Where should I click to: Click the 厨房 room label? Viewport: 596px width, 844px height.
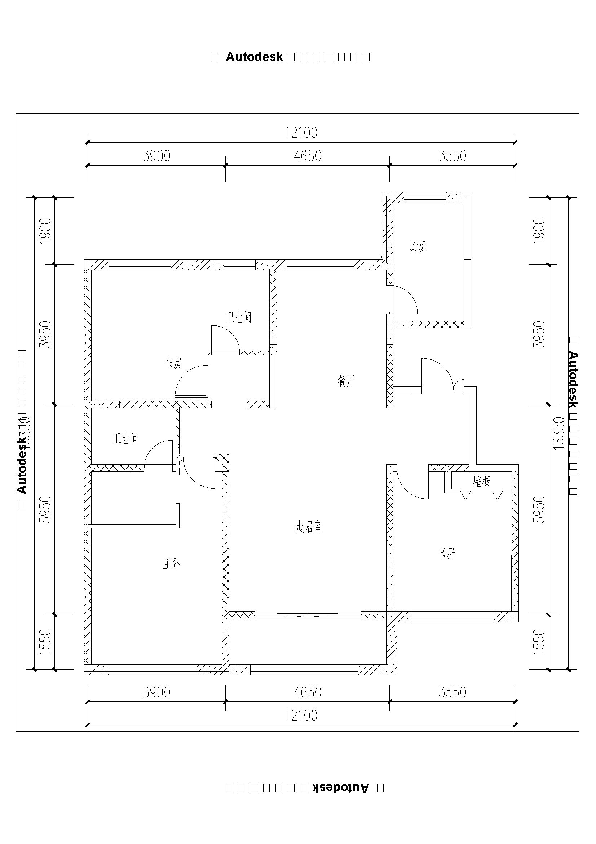click(x=418, y=246)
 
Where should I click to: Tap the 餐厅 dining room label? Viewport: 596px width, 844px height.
click(x=346, y=381)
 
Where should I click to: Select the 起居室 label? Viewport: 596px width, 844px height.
click(x=309, y=528)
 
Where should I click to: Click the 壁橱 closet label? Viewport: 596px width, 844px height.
click(x=482, y=482)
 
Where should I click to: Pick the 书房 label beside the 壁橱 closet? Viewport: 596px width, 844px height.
click(x=446, y=553)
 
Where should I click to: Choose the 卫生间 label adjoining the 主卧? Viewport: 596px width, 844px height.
click(x=125, y=438)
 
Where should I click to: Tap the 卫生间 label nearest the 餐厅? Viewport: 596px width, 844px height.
click(x=239, y=318)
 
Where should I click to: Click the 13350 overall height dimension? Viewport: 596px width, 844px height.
click(x=559, y=433)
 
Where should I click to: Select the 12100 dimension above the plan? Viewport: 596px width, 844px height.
click(x=301, y=133)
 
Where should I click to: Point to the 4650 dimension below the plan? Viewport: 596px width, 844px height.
click(x=308, y=692)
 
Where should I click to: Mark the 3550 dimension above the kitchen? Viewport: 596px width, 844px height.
click(x=452, y=156)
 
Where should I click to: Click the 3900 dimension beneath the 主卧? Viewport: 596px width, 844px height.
click(x=157, y=692)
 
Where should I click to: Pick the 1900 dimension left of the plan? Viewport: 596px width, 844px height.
click(x=45, y=231)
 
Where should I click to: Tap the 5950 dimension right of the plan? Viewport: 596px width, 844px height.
click(x=539, y=510)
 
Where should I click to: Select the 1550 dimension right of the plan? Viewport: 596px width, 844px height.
click(x=539, y=642)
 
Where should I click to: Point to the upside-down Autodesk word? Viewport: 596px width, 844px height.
click(x=340, y=788)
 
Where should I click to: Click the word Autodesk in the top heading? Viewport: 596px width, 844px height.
click(x=254, y=57)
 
